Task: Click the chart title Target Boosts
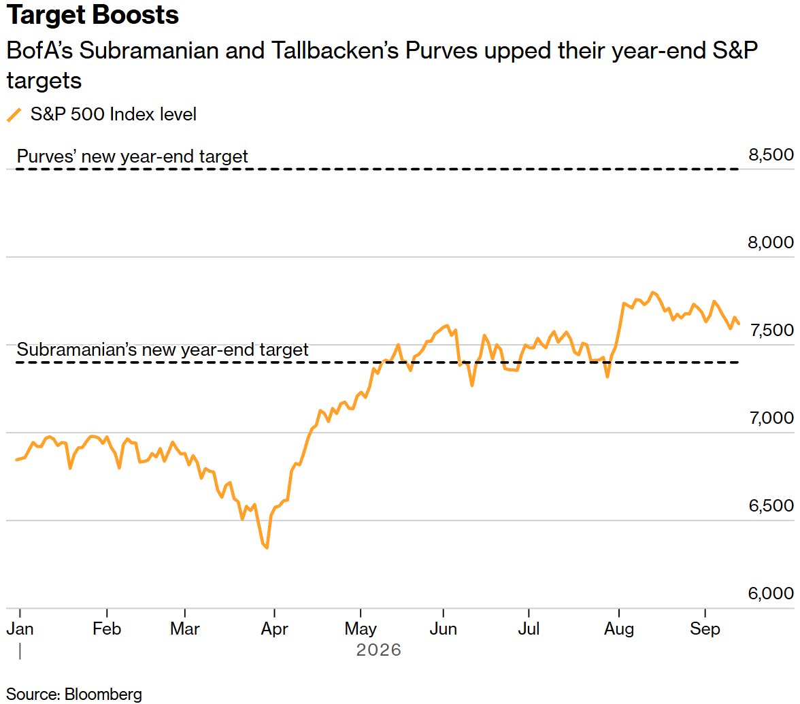(x=93, y=14)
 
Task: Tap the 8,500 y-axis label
(x=771, y=154)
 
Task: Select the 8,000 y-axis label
(x=771, y=242)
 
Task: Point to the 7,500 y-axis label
(x=772, y=330)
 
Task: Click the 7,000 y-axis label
(x=772, y=418)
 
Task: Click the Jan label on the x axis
(x=20, y=628)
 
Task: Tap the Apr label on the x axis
(x=275, y=629)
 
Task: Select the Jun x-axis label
(x=443, y=628)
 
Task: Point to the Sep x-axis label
(x=705, y=629)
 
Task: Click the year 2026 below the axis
(x=378, y=650)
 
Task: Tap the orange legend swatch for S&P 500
(x=14, y=115)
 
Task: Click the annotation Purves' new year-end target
(x=132, y=156)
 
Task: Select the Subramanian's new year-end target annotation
(x=162, y=350)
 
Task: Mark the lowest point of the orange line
(x=267, y=548)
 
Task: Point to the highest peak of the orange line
(x=652, y=292)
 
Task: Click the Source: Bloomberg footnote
(x=74, y=694)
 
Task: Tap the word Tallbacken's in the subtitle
(x=335, y=50)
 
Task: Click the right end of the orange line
(x=739, y=324)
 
